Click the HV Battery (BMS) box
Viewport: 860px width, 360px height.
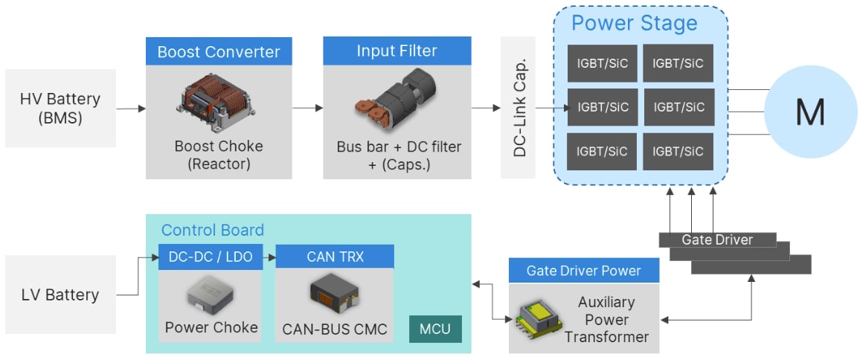click(60, 109)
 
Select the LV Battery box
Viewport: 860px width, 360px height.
click(60, 295)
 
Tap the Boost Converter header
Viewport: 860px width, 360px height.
click(218, 52)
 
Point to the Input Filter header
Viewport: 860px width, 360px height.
click(397, 51)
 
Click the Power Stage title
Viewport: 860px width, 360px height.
click(634, 23)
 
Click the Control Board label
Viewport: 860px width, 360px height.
click(213, 230)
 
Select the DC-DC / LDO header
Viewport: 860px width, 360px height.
click(211, 257)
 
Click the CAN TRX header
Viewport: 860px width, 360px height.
click(334, 257)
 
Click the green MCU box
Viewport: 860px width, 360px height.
click(435, 329)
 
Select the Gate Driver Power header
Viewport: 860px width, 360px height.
click(583, 270)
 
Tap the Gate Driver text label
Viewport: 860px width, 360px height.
click(717, 240)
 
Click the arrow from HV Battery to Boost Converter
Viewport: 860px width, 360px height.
click(130, 109)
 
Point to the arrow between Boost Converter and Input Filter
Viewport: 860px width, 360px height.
click(307, 109)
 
